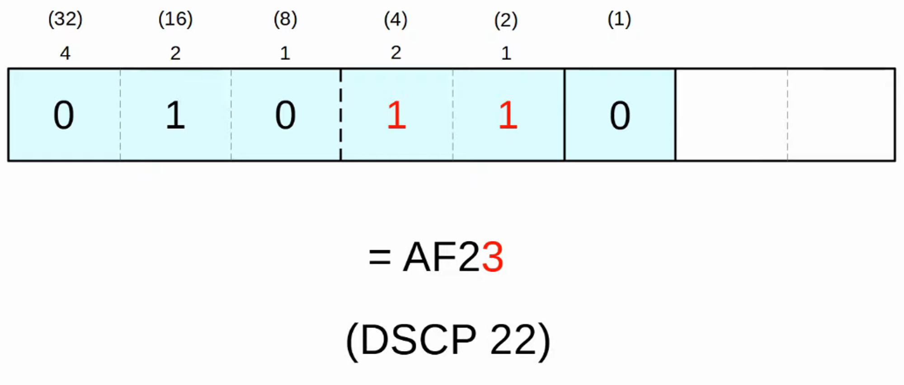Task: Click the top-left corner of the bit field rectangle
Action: pyautogui.click(x=8, y=69)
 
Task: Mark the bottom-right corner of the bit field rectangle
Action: pyautogui.click(x=895, y=160)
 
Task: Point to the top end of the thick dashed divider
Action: pyautogui.click(x=340, y=69)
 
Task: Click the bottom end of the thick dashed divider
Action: pyautogui.click(x=340, y=160)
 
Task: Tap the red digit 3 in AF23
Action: pyautogui.click(x=493, y=257)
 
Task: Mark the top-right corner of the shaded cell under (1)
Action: pyautogui.click(x=675, y=69)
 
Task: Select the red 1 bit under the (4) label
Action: pyautogui.click(x=396, y=115)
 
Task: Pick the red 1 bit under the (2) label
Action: pyautogui.click(x=508, y=115)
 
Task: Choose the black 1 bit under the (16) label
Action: pyautogui.click(x=175, y=115)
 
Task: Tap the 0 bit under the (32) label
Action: pyautogui.click(x=64, y=115)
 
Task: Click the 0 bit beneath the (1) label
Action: pyautogui.click(x=620, y=115)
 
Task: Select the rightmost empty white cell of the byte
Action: pyautogui.click(x=841, y=115)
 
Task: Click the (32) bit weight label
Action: pyautogui.click(x=65, y=19)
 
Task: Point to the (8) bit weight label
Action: pyautogui.click(x=285, y=19)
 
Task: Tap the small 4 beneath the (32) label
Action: pyautogui.click(x=65, y=53)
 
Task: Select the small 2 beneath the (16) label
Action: pyautogui.click(x=175, y=53)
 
